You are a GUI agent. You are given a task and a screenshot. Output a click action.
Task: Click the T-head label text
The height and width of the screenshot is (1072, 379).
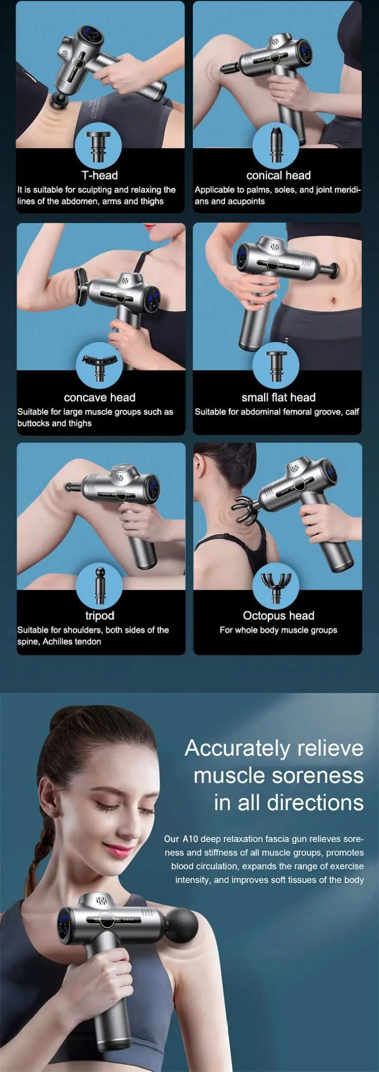[99, 175]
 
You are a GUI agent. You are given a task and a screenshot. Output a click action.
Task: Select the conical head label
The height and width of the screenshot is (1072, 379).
[278, 175]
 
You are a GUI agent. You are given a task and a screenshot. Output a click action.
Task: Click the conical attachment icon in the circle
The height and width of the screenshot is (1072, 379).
[276, 144]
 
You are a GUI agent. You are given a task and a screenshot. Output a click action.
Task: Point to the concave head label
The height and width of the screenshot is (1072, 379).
[99, 397]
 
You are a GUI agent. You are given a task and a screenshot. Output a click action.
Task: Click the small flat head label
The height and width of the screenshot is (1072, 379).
[278, 397]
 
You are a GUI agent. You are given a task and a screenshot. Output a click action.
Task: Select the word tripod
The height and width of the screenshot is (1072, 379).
[99, 615]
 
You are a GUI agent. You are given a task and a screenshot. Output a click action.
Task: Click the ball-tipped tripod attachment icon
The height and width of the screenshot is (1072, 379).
[99, 585]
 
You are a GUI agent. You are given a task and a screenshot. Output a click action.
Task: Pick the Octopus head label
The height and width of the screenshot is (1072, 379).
[278, 615]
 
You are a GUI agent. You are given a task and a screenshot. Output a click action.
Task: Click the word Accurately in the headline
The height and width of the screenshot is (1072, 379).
[237, 748]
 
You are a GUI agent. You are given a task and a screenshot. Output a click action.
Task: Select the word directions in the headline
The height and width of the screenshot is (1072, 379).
[315, 803]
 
